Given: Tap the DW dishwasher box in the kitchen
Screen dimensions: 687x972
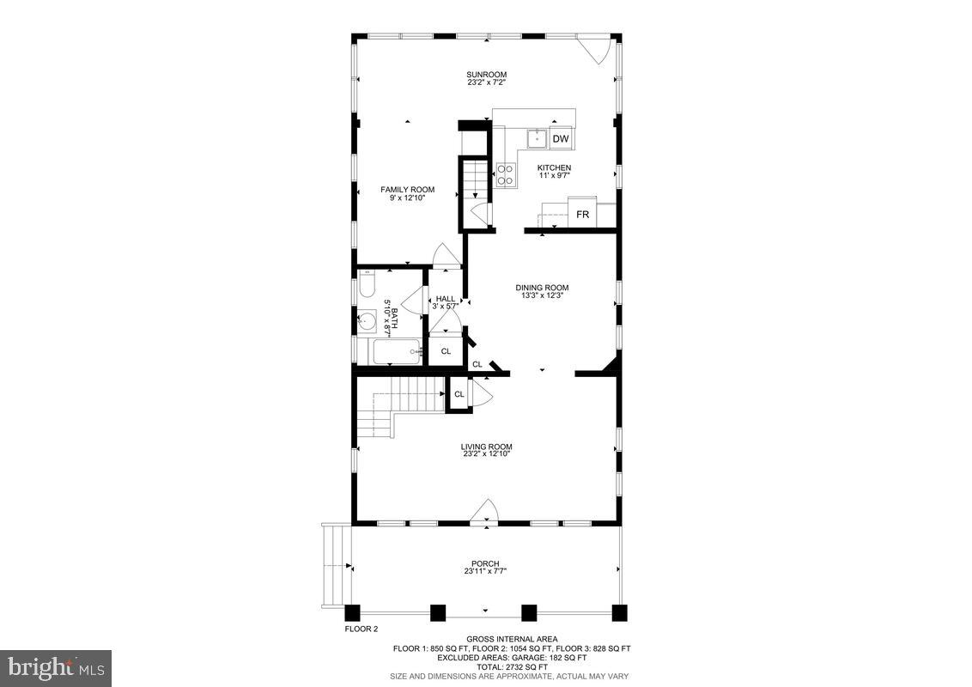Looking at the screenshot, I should (560, 138).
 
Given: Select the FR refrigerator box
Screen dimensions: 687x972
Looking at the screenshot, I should (582, 214).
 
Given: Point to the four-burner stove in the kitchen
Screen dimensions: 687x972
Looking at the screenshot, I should (505, 174).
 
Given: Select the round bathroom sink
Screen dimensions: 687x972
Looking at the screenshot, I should (368, 322).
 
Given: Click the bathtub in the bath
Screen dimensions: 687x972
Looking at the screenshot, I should (393, 351).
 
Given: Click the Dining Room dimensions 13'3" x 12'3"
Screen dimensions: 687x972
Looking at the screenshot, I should (542, 296).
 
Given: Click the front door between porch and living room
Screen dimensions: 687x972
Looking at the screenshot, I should (484, 513).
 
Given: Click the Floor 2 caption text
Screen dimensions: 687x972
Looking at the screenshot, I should (361, 629).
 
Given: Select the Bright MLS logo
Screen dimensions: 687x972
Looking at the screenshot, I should (56, 667).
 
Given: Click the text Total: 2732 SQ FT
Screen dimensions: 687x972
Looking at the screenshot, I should (512, 666).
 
